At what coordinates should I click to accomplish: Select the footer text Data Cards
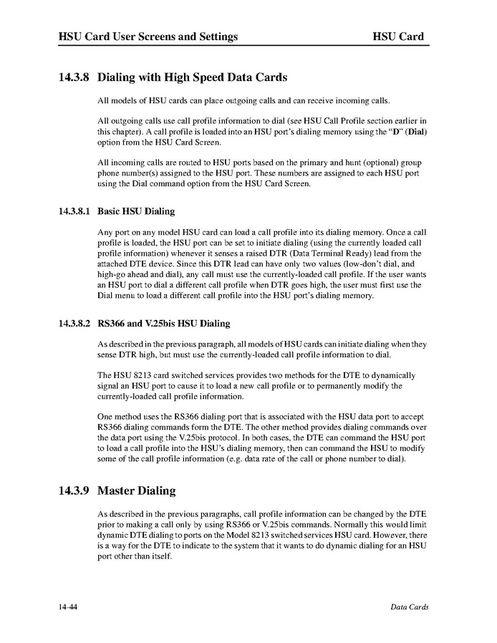tap(409, 607)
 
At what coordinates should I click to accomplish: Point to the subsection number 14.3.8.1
tap(74, 212)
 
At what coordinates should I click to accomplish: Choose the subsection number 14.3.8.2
tap(74, 324)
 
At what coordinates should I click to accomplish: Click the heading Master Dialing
tap(136, 490)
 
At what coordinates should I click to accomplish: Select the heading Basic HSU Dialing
tap(136, 212)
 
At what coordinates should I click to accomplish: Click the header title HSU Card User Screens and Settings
tap(148, 37)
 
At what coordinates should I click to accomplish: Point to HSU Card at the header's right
tap(398, 37)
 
